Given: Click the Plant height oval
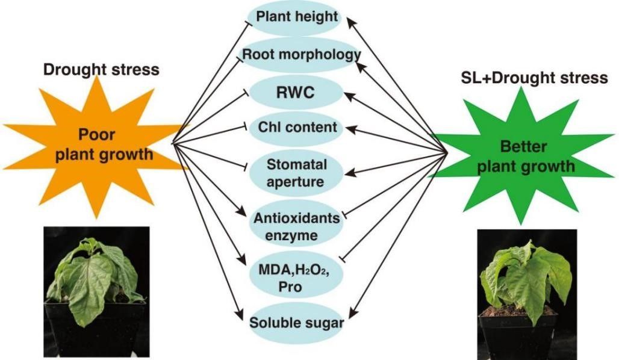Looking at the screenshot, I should [x=297, y=17].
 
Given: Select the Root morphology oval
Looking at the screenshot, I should [x=301, y=55].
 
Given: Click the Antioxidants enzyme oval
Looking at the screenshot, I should [x=296, y=226].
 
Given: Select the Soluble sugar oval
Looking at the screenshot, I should [x=297, y=323].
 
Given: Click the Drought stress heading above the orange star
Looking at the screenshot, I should [x=101, y=69].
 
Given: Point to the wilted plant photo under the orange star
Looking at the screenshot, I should [x=96, y=291].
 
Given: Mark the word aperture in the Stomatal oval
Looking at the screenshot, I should [x=296, y=180].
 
